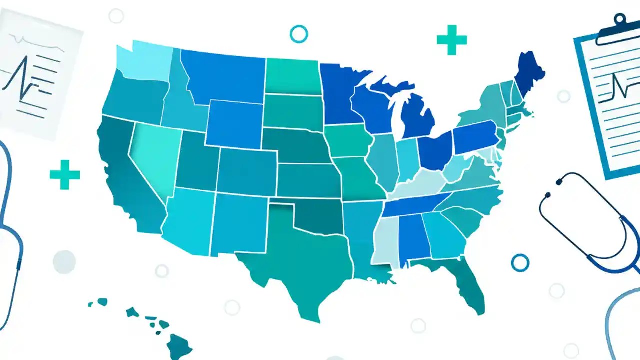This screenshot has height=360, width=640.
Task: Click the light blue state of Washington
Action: pyautogui.click(x=145, y=62)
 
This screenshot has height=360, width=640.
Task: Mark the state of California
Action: pyautogui.click(x=127, y=180)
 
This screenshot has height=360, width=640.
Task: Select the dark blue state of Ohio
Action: pyautogui.click(x=434, y=152)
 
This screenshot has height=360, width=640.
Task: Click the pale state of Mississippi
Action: pyautogui.click(x=387, y=240)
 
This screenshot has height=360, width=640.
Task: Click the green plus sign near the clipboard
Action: pyautogui.click(x=452, y=39)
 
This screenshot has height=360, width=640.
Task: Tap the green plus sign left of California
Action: pyautogui.click(x=65, y=174)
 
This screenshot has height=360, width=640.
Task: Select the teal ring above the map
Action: pyautogui.click(x=299, y=34)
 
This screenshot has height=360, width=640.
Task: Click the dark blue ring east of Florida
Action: pyautogui.click(x=520, y=262)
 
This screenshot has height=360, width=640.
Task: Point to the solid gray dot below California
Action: pyautogui.click(x=64, y=262)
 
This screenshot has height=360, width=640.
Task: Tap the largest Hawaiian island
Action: pyautogui.click(x=179, y=344)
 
